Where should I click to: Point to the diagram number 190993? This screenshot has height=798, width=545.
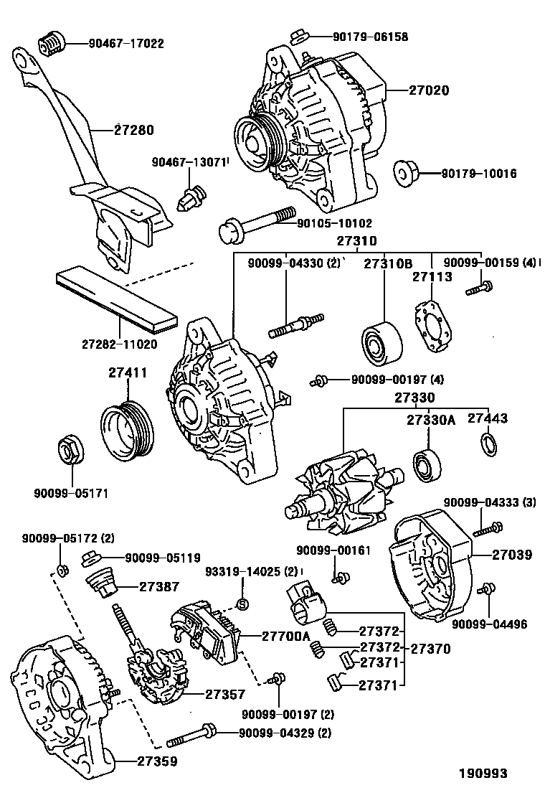[x=483, y=773]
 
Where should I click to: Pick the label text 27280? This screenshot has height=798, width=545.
[x=134, y=130]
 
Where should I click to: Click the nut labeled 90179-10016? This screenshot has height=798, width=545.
[x=405, y=173]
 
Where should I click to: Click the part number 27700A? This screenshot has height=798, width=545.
[x=285, y=635]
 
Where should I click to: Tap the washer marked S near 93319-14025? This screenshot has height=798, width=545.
[x=242, y=603]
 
